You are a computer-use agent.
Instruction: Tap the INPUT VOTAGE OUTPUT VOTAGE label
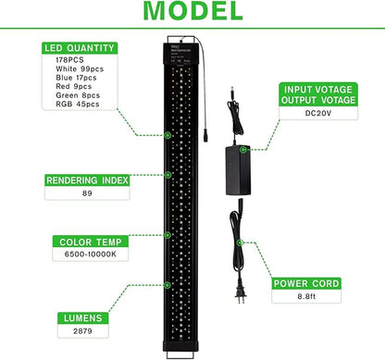(x=328, y=95)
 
